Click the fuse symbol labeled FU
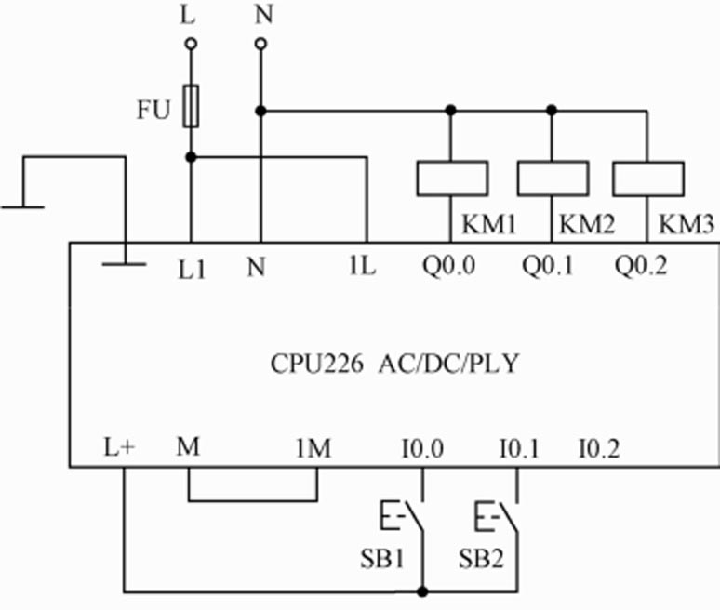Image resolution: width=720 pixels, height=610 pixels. [x=191, y=105]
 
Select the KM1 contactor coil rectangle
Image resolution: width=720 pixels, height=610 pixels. [x=452, y=178]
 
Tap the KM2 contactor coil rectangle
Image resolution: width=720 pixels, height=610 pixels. [x=553, y=178]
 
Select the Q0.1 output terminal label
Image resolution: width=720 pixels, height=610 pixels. [x=548, y=267]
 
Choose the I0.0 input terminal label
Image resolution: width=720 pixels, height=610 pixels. [x=422, y=449]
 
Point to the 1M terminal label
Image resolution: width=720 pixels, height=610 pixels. [x=313, y=449]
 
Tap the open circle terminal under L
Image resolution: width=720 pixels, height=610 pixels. [x=191, y=44]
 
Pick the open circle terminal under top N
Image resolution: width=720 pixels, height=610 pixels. [x=260, y=44]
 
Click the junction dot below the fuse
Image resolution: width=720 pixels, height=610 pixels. [x=191, y=157]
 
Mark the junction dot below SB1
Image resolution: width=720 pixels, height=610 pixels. [x=422, y=590]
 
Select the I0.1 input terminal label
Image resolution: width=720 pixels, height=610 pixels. [x=519, y=449]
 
